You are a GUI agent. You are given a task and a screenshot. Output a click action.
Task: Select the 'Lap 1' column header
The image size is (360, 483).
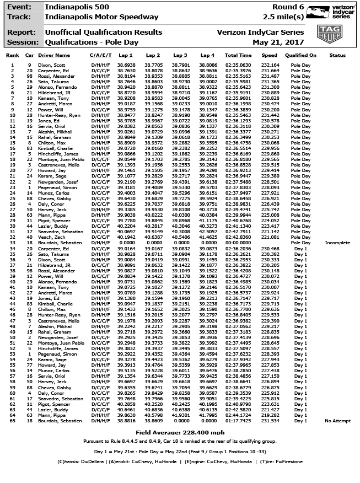pos(126,56)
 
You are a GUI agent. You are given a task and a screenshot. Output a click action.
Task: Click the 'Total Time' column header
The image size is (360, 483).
pos(238,56)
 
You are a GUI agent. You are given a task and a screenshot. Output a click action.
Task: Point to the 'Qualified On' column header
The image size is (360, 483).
pos(301,56)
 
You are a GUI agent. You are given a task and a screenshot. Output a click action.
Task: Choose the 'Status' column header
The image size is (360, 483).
pos(337,56)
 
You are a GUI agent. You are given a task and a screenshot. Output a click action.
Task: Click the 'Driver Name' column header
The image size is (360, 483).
pos(55,56)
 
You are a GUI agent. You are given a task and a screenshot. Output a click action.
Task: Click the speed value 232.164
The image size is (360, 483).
pos(270,66)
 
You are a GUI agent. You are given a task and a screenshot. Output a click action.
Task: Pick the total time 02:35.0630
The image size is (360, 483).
pos(238,66)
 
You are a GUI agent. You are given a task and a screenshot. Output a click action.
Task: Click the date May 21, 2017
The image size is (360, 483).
pos(278,41)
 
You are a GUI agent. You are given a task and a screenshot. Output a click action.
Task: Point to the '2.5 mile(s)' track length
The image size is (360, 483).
pos(283,17)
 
